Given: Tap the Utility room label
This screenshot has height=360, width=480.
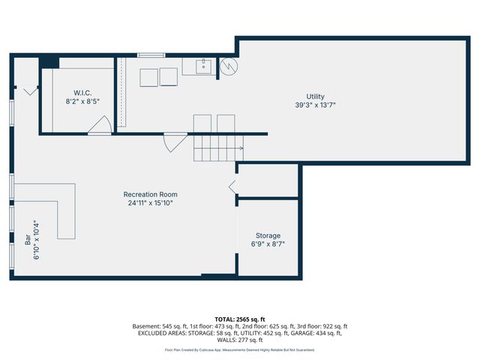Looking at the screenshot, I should (315, 97).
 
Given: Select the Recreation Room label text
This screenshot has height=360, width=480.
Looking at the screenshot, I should (151, 194).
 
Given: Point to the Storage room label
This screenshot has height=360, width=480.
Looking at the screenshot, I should (268, 235).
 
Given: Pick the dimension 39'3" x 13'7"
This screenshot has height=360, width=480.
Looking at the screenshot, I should (315, 106).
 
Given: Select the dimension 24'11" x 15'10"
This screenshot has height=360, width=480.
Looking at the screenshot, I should (151, 202).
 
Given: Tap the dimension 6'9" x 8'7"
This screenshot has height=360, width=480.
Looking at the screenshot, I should (268, 244).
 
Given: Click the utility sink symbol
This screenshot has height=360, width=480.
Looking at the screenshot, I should (204, 67).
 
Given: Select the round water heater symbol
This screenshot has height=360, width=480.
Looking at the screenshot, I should (229, 67).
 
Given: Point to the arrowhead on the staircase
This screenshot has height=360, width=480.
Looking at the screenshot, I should (240, 148).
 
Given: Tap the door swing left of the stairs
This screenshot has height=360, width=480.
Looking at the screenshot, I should (175, 140).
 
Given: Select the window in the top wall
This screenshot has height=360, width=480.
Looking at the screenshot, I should (151, 54).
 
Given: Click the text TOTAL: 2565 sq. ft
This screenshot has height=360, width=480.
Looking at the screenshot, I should (240, 319).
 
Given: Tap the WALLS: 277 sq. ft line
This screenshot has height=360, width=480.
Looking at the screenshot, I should (240, 340).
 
